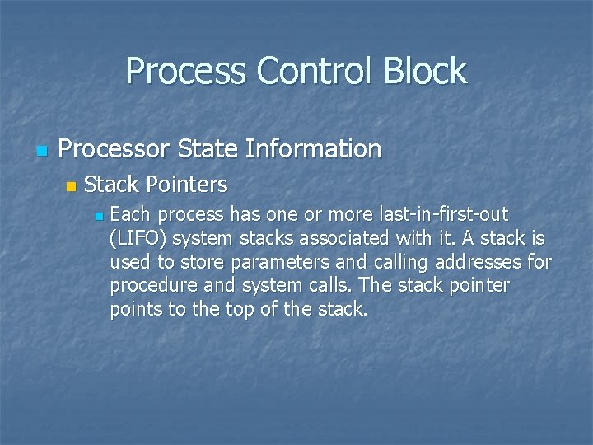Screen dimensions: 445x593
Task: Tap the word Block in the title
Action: (427, 71)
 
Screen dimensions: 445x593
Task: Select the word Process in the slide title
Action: (187, 71)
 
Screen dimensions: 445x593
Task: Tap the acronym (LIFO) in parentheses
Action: (138, 239)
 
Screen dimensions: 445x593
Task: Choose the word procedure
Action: (151, 287)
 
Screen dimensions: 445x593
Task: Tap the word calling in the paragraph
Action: (383, 263)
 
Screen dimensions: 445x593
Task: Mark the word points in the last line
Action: (135, 311)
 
